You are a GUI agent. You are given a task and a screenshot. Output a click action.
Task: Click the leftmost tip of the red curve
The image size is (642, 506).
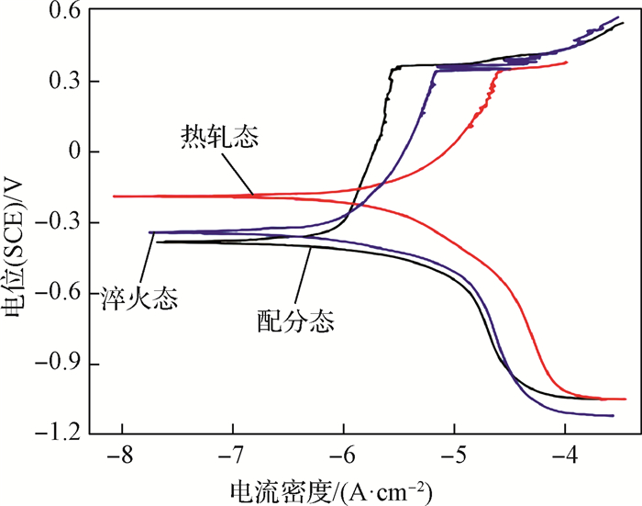point(114,197)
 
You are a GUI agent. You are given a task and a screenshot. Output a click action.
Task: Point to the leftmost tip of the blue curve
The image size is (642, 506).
point(150,233)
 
